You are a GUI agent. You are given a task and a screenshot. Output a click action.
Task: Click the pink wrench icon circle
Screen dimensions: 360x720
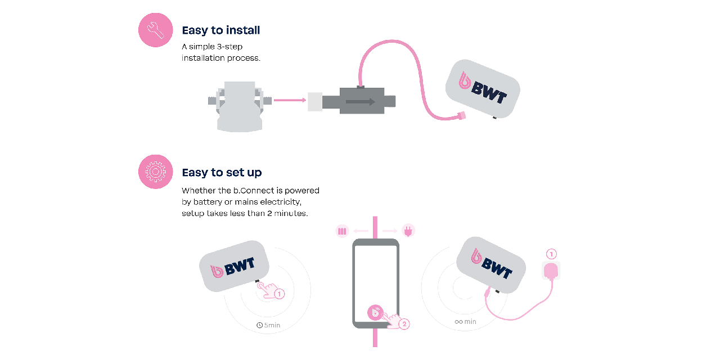(155, 30)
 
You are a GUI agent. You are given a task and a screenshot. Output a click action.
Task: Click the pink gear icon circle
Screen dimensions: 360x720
(155, 172)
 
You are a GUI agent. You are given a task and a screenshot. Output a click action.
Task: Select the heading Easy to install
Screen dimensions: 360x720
(220, 30)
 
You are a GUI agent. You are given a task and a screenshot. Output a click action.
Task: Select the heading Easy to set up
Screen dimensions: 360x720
(222, 172)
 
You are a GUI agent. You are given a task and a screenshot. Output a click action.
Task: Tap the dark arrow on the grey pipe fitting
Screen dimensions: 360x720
(361, 102)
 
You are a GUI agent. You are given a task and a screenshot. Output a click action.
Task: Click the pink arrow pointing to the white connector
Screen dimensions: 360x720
(289, 101)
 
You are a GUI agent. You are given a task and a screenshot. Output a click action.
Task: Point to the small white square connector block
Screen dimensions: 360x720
(314, 102)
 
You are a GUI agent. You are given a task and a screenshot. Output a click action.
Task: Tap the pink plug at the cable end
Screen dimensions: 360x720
(462, 116)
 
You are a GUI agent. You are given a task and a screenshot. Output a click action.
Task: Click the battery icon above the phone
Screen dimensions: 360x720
(343, 231)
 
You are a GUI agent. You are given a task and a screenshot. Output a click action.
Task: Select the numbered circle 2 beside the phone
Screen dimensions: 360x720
(404, 324)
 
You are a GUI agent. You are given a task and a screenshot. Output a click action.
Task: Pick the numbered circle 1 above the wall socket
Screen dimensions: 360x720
(551, 254)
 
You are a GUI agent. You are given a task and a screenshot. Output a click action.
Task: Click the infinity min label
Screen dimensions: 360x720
(466, 322)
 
